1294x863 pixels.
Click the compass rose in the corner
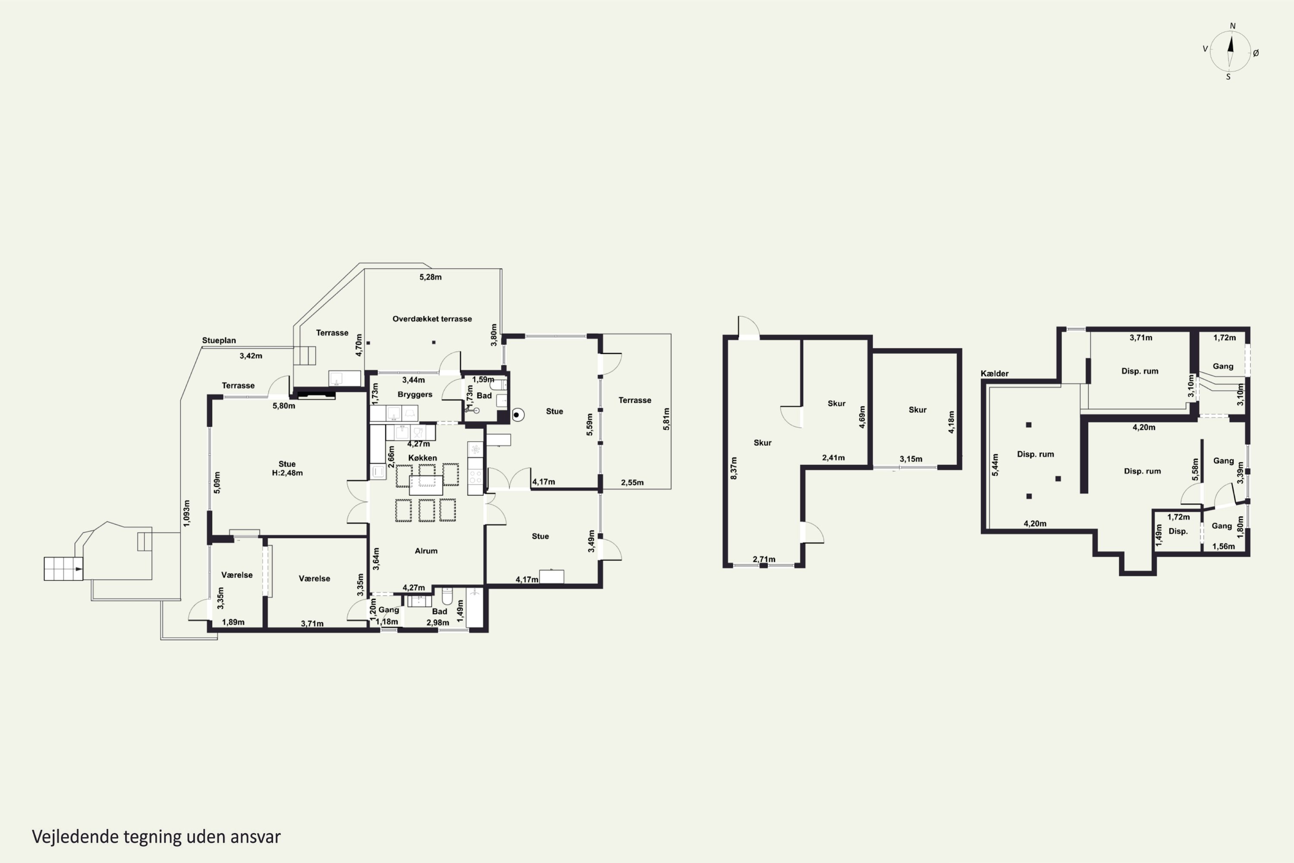(1231, 51)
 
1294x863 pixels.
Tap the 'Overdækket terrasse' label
(432, 319)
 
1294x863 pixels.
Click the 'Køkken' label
(423, 458)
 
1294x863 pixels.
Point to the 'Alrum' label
(426, 551)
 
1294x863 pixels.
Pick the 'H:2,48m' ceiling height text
(287, 473)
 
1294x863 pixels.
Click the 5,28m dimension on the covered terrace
(430, 277)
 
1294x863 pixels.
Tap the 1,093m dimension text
(186, 513)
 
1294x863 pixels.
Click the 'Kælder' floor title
(995, 374)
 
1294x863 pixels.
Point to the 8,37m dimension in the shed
(733, 468)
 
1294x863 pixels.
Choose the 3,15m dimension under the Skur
(911, 459)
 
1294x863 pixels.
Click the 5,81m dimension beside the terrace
(666, 419)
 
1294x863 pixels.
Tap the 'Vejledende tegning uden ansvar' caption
(156, 837)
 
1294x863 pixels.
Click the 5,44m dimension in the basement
(995, 465)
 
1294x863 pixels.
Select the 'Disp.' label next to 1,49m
(1178, 531)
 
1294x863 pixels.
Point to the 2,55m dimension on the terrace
(632, 483)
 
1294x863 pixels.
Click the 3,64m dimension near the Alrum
(376, 559)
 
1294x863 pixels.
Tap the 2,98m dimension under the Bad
(438, 623)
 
